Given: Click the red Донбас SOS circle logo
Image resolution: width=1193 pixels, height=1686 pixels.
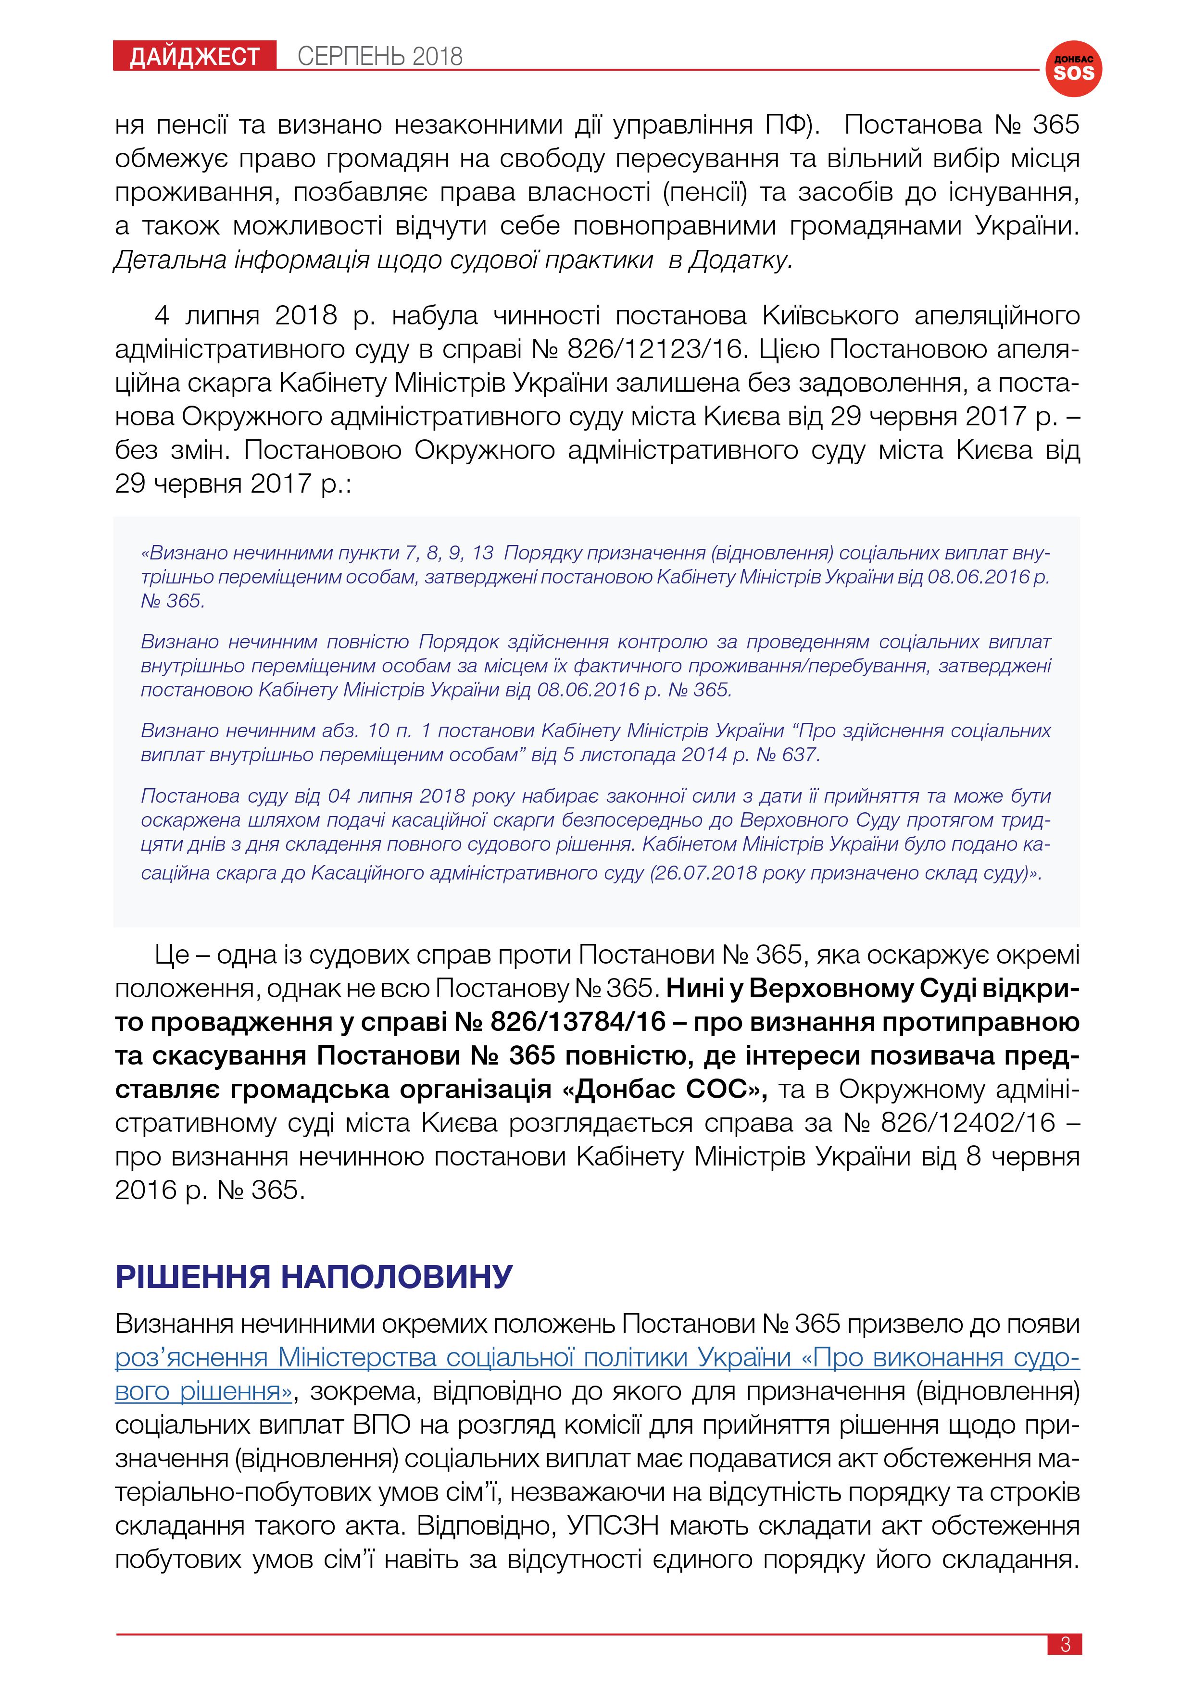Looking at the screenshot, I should point(1073,68).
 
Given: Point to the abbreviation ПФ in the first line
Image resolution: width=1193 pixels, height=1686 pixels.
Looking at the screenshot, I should point(788,125).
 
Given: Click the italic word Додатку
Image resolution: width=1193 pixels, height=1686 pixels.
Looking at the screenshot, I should point(740,260).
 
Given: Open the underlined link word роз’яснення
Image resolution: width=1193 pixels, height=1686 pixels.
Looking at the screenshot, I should point(191,1357).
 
